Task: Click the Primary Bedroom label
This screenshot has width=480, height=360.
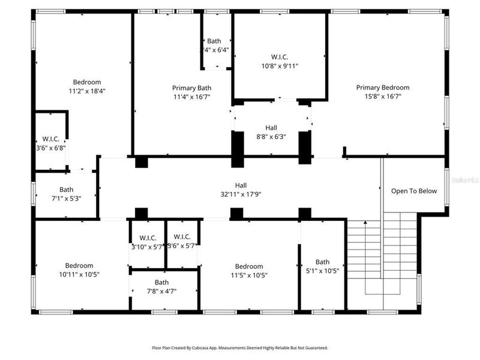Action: click(383, 87)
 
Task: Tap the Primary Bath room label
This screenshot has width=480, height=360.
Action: click(192, 87)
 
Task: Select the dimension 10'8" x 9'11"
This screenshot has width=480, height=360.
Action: click(279, 66)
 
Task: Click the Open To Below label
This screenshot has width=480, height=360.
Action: click(414, 191)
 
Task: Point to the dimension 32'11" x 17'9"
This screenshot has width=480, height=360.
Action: click(241, 194)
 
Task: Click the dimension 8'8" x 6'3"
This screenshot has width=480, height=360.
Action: click(271, 136)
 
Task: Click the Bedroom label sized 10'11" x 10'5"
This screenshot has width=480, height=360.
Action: click(79, 265)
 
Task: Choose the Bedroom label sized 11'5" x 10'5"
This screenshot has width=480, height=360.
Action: click(249, 266)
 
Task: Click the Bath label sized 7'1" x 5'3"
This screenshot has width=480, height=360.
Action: click(66, 190)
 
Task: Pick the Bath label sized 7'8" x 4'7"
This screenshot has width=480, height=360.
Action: click(161, 282)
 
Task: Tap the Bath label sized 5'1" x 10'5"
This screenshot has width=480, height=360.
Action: click(323, 262)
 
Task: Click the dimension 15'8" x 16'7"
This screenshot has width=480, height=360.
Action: click(383, 96)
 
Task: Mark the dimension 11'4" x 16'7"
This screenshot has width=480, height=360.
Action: click(192, 96)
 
